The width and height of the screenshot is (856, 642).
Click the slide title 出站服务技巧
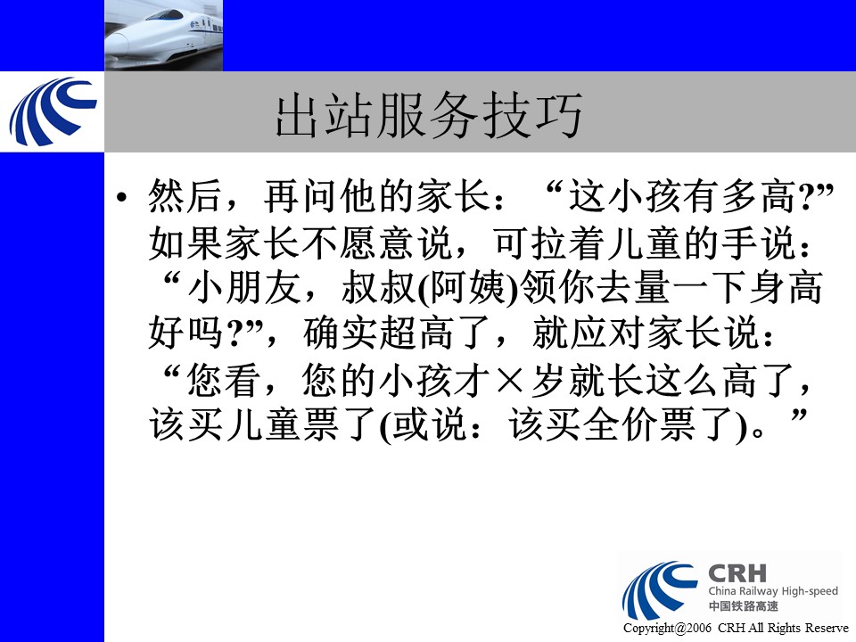(x=429, y=115)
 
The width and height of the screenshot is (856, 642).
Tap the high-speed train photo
(x=164, y=36)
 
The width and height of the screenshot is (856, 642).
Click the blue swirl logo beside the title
(x=53, y=111)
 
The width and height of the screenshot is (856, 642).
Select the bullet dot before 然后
(x=122, y=198)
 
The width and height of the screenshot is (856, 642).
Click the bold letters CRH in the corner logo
(x=737, y=573)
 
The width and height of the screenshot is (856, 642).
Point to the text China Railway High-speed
(x=773, y=590)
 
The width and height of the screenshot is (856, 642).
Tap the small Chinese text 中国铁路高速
(x=743, y=606)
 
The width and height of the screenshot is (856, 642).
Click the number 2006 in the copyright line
(x=698, y=629)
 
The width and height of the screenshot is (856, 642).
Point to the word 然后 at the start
(x=185, y=196)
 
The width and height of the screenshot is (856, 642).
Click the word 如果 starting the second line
(x=185, y=243)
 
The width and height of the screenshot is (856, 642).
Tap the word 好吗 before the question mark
(x=185, y=333)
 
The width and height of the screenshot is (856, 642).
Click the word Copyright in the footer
(x=648, y=629)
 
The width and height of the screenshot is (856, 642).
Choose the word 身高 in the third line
(x=786, y=288)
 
